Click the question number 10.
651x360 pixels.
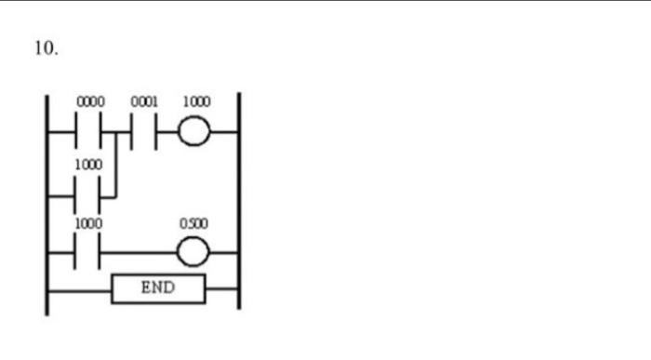click(46, 49)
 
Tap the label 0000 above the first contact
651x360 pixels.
click(90, 101)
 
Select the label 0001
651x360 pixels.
click(143, 101)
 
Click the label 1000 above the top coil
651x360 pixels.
click(196, 101)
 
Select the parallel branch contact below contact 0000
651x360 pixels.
click(91, 197)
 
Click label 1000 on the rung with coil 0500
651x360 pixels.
click(90, 224)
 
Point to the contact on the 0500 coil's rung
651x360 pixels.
click(91, 253)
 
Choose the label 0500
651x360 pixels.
click(194, 224)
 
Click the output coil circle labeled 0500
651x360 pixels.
click(194, 253)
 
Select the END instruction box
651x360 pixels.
click(158, 288)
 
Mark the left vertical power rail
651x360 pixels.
click(47, 205)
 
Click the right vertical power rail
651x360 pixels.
click(239, 205)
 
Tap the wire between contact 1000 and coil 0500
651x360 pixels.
click(139, 253)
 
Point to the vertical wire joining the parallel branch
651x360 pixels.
click(114, 166)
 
